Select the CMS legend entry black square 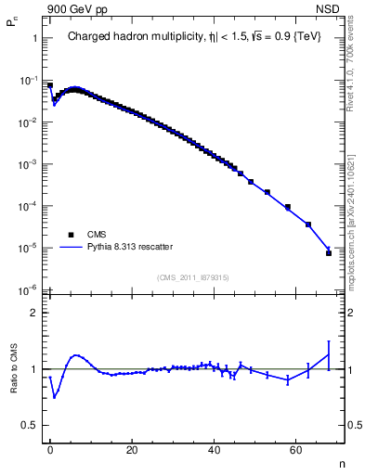point(69,235)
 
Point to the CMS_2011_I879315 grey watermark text point(193,276)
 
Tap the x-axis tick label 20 point(132,449)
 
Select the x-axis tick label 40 point(214,449)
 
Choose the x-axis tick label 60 point(295,449)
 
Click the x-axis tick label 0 point(50,449)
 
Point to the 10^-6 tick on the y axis point(27,290)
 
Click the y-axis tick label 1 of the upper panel point(34,39)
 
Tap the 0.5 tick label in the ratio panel point(29,425)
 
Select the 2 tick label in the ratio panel point(34,313)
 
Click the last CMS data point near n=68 point(328,252)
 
